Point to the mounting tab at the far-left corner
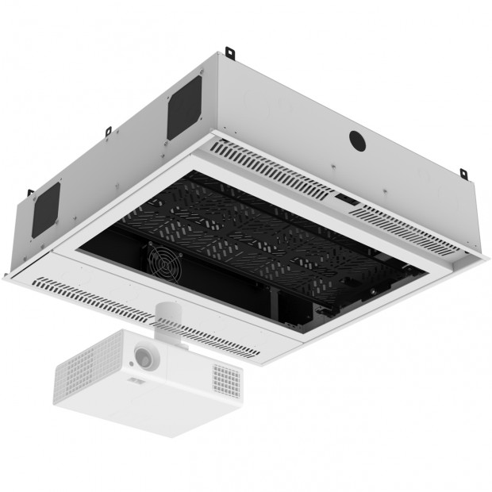tap(29, 194)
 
